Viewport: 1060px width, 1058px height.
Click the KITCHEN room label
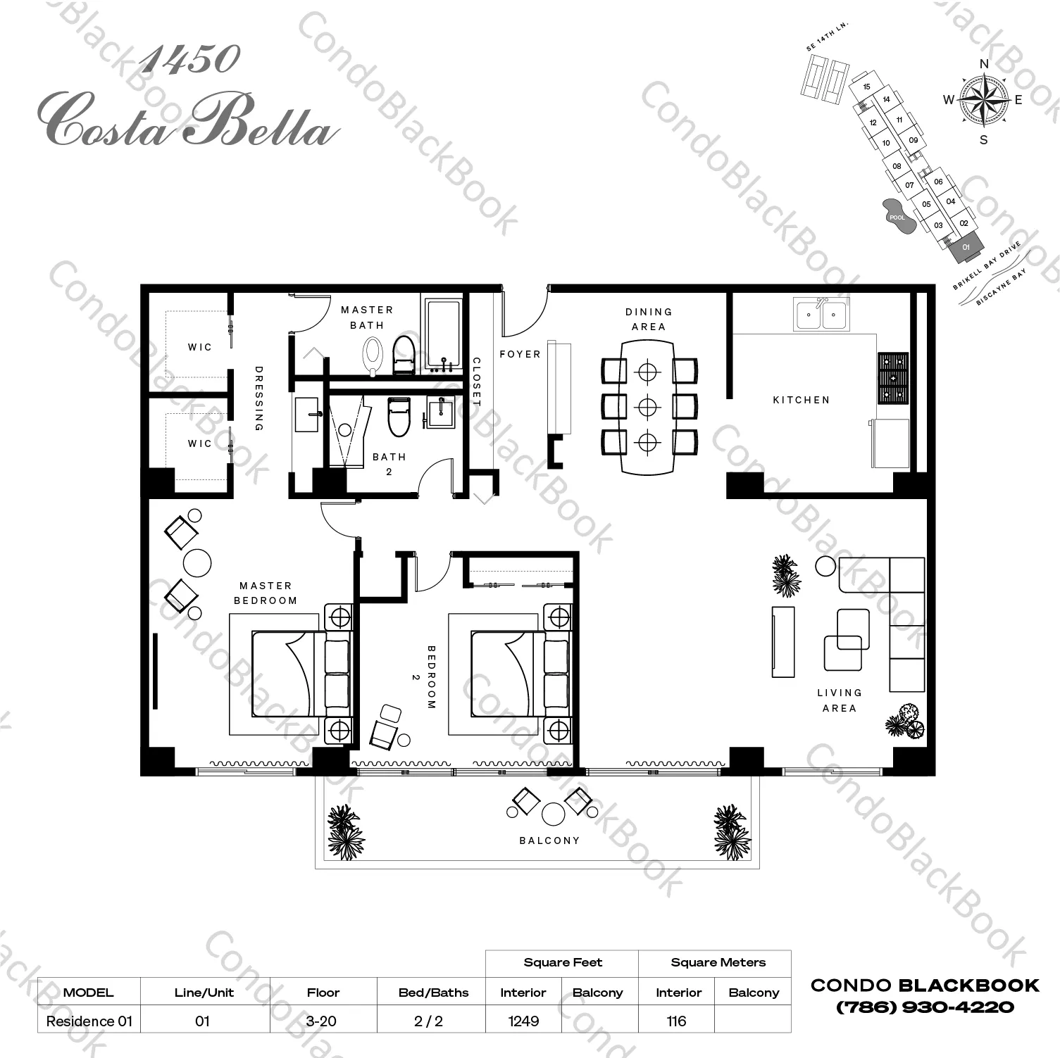point(801,400)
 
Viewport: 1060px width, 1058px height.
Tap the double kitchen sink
point(821,314)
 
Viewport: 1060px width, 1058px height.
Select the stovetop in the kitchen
point(892,378)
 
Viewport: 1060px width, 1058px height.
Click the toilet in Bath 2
point(399,417)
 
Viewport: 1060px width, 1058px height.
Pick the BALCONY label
point(549,840)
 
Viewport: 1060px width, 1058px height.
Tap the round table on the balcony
point(554,814)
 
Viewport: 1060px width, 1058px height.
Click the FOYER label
point(520,354)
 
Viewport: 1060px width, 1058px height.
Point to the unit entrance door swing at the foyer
point(525,313)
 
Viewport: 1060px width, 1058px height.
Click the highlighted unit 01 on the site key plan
point(966,248)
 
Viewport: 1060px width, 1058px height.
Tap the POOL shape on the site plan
point(897,215)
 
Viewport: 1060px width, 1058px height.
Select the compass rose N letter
point(984,64)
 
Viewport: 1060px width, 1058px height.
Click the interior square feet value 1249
point(523,1021)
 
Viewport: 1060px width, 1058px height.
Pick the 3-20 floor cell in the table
point(322,1021)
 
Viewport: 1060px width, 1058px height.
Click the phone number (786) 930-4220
point(925,1007)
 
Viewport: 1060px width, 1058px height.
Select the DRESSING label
point(258,398)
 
